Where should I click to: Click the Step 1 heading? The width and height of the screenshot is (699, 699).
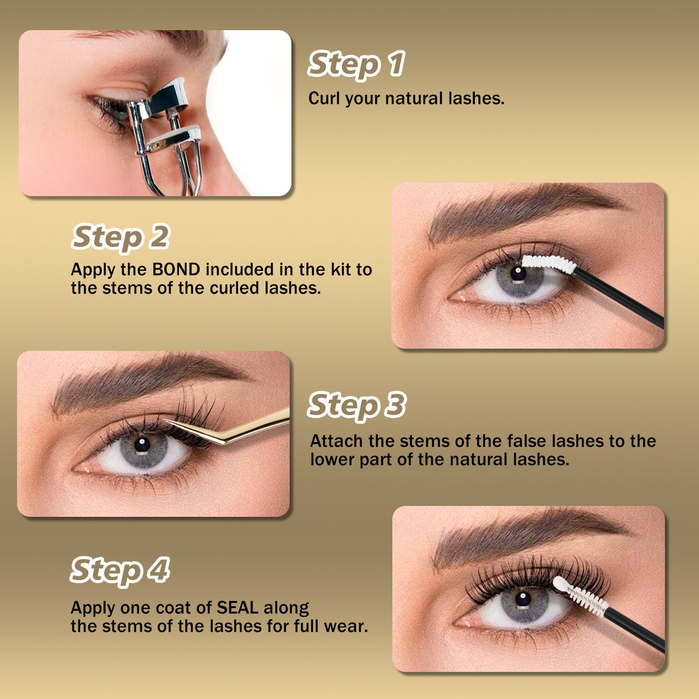coord(356,64)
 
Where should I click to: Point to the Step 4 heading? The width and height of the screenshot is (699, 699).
coord(120,570)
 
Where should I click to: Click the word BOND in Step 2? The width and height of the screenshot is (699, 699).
coord(176,269)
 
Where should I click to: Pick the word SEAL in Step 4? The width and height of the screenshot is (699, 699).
coord(238,608)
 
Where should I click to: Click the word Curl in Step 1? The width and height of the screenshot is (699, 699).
coord(324,98)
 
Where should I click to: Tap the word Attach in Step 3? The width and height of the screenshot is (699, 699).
coord(336,441)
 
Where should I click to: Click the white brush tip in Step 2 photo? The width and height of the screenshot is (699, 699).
coord(549,264)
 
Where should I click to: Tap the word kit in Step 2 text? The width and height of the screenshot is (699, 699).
coord(342,269)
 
